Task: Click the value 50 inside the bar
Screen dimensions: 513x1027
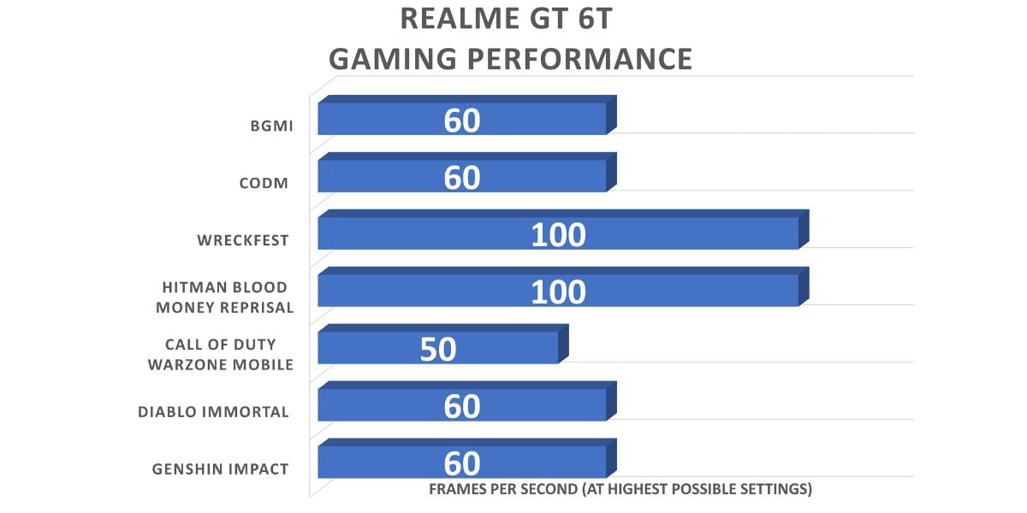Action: click(x=438, y=349)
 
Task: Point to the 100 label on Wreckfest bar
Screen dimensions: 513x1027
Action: click(x=558, y=234)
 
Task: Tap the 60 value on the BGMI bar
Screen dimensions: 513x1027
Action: click(x=462, y=121)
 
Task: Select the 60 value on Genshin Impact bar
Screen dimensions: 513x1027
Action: click(x=462, y=463)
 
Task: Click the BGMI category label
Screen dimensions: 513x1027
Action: click(x=267, y=127)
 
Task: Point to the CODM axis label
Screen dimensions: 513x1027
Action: click(x=264, y=183)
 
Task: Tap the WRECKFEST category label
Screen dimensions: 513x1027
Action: click(x=242, y=240)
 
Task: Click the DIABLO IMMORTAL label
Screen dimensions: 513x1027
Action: click(x=213, y=412)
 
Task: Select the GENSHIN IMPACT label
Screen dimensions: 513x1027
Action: click(x=220, y=469)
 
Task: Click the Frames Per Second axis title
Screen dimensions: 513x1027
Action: click(x=620, y=490)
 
